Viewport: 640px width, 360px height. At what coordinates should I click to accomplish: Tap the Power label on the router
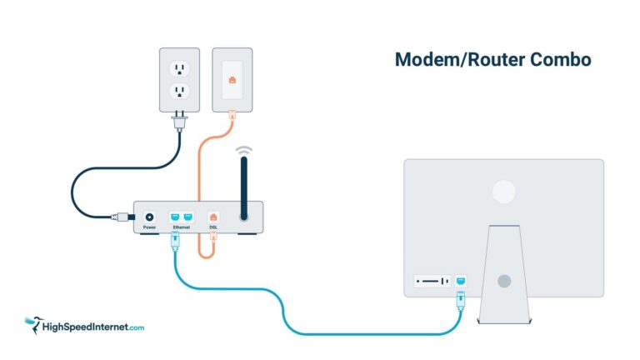point(150,227)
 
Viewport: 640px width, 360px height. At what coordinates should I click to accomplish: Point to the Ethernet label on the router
point(182,227)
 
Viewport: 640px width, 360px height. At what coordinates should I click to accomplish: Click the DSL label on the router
point(213,227)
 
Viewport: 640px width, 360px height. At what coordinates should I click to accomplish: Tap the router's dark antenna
point(243,187)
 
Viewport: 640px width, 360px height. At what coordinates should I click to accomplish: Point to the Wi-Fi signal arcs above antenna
point(243,150)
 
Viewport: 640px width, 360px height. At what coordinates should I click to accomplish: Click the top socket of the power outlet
point(179,67)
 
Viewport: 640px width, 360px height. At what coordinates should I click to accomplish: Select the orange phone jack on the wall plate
point(232,81)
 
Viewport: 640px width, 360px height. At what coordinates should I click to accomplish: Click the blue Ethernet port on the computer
point(462,281)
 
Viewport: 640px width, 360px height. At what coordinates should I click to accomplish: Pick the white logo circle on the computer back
point(503,192)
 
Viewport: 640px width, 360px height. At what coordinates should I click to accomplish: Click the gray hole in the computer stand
point(503,281)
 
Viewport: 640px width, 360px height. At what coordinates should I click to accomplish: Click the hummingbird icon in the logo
point(33,322)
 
